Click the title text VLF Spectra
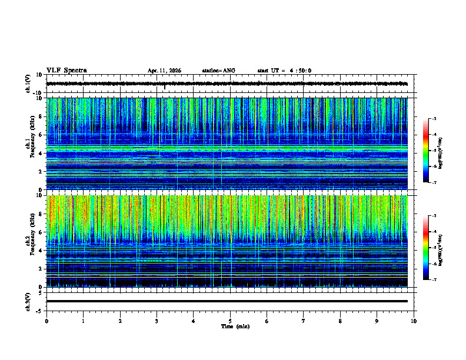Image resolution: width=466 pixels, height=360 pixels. click(x=66, y=71)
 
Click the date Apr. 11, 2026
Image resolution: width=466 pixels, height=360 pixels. click(x=164, y=71)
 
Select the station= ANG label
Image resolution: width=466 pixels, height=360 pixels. click(x=218, y=71)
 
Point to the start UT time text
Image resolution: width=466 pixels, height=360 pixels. click(x=284, y=71)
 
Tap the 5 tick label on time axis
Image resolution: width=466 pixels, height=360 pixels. click(x=230, y=321)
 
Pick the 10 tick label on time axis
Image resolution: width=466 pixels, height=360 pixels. click(x=414, y=321)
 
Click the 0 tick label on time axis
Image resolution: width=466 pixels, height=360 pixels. click(x=46, y=321)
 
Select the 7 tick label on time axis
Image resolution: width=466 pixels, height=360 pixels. click(x=304, y=321)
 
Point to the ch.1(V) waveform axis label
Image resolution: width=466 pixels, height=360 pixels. click(x=28, y=84)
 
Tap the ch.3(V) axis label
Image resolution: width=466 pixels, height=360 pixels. click(x=28, y=301)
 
